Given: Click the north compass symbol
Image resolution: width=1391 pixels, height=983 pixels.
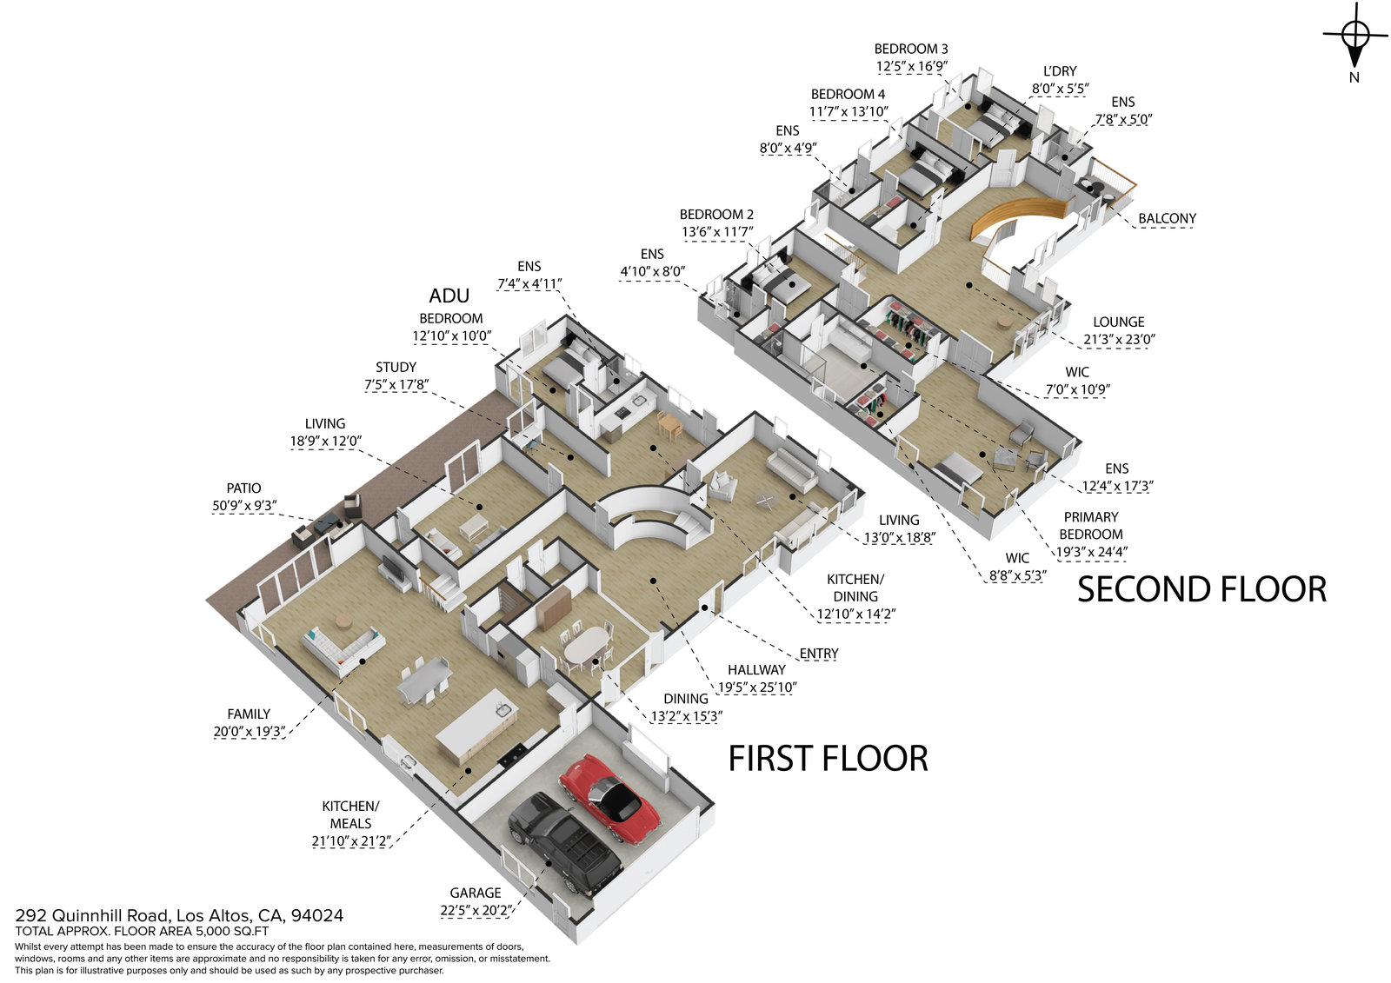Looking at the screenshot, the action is (x=1354, y=37).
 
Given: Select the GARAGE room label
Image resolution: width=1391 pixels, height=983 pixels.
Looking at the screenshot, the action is (x=475, y=893).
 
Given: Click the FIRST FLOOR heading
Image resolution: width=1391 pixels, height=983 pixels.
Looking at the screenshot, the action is (x=828, y=759).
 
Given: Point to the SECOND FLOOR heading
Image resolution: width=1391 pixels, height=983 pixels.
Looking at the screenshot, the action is (x=1201, y=589).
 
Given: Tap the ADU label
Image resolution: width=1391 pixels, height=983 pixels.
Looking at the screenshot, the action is (x=449, y=296).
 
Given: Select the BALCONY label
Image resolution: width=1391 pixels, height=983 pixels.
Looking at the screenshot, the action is (x=1167, y=218).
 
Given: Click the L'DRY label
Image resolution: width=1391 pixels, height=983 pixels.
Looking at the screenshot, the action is (x=1060, y=71).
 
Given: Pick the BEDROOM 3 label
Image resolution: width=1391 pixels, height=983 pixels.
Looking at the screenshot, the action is (x=911, y=49).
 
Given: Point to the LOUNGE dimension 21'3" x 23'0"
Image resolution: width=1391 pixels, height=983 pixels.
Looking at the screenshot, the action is (x=1118, y=339).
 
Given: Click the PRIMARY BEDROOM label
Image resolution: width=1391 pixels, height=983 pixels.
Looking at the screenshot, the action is (x=1090, y=525).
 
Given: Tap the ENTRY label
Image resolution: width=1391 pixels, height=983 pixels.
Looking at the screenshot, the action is (x=819, y=654).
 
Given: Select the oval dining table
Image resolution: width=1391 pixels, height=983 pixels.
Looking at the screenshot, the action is (x=587, y=645).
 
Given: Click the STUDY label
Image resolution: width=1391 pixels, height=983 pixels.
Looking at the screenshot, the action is (x=396, y=367).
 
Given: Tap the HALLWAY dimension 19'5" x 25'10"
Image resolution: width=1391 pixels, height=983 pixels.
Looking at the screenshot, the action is (x=756, y=687).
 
